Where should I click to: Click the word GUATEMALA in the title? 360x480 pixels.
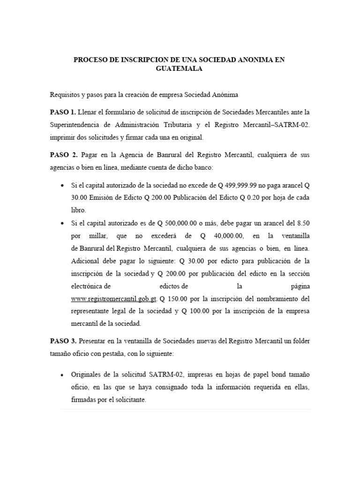(180, 68)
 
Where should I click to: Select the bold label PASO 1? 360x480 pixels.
(63, 112)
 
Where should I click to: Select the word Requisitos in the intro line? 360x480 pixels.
(65, 95)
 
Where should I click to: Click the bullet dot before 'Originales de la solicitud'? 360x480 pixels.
(63, 375)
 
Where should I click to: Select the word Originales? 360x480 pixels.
(87, 375)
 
